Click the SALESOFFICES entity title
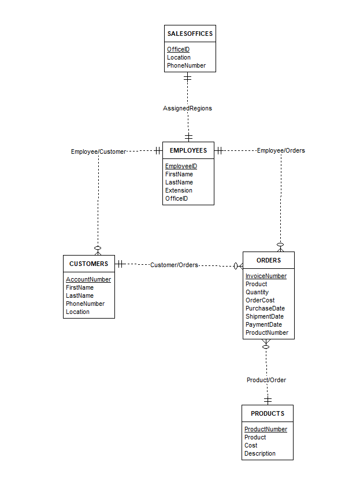pos(190,34)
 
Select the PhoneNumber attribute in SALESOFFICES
pos(186,65)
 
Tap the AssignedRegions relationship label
pos(187,108)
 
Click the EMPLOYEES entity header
pos(188,150)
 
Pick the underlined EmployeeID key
pos(181,166)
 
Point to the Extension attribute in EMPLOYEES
pos(179,190)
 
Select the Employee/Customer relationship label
pos(98,151)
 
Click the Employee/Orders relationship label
pos(281,150)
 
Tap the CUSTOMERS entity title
pos(88,264)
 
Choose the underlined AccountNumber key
pos(88,279)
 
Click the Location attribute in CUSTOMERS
pos(77,312)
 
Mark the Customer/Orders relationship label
pos(174,265)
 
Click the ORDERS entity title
pos(269,260)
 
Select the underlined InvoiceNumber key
pos(266,276)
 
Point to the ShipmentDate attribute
pos(265,316)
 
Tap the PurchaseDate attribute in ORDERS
pos(265,308)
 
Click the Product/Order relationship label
pos(266,380)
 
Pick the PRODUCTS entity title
pos(268,413)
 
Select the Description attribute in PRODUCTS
pos(260,453)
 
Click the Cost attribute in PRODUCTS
pos(251,445)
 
